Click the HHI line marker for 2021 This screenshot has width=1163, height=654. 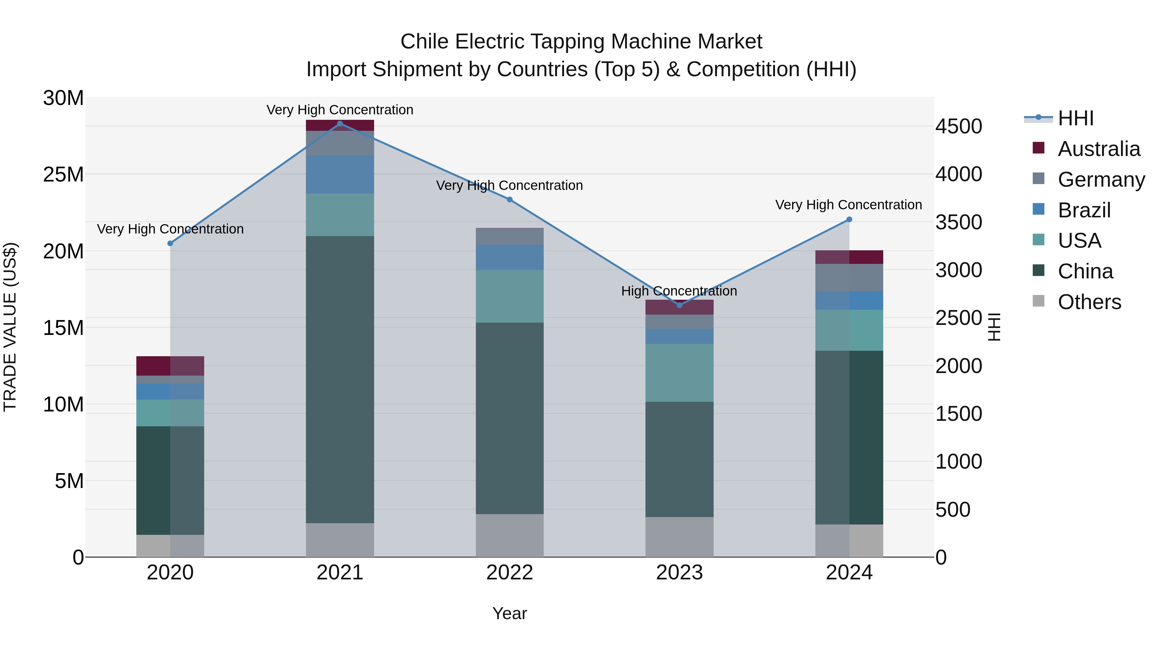coord(340,124)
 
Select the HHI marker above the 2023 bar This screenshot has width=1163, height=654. coord(679,305)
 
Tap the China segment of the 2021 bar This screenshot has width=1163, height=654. coord(340,379)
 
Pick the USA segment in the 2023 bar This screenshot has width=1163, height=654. coord(679,373)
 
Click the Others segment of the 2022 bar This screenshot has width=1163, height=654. coord(510,535)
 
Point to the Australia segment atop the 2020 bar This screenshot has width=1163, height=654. coord(170,366)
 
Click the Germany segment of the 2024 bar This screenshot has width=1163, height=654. coord(849,277)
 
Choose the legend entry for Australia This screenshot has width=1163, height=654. coord(1098,149)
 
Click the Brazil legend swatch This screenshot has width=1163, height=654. coord(1038,209)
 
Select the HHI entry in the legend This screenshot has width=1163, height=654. coord(1075,118)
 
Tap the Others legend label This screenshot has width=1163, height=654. coord(1089,302)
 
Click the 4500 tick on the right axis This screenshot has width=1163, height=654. coord(958,126)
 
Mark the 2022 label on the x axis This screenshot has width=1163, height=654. coord(510,573)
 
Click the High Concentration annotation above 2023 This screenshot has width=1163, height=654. coord(679,291)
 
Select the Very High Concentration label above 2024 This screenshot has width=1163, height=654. coord(848,205)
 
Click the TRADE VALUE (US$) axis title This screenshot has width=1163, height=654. coord(10,327)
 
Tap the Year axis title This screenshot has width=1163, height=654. coord(510,613)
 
